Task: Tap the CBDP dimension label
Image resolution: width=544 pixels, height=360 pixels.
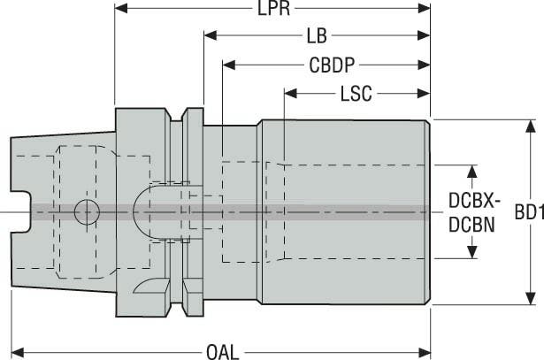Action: [x=333, y=65]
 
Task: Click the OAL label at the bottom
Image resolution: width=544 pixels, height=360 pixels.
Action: [x=222, y=350]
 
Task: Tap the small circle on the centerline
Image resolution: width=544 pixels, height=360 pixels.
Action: [x=87, y=211]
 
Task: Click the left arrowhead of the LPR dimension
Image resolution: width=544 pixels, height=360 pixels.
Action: [x=122, y=11]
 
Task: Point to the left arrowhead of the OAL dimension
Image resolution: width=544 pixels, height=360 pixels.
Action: [x=16, y=350]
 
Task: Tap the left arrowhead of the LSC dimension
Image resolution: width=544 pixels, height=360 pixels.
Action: [x=290, y=92]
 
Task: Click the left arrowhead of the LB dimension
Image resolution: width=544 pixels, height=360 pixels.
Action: [x=211, y=36]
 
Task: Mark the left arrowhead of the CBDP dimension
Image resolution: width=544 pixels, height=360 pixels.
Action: [x=229, y=65]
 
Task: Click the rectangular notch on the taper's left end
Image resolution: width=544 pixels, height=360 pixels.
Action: [x=20, y=211]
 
